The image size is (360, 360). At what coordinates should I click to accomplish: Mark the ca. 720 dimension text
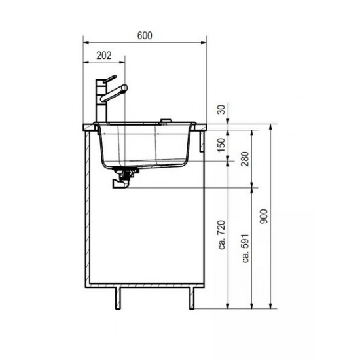click(222, 236)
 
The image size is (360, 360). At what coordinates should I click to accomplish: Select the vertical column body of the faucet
click(100, 101)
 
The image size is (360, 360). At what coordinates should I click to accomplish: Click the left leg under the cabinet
click(118, 297)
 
